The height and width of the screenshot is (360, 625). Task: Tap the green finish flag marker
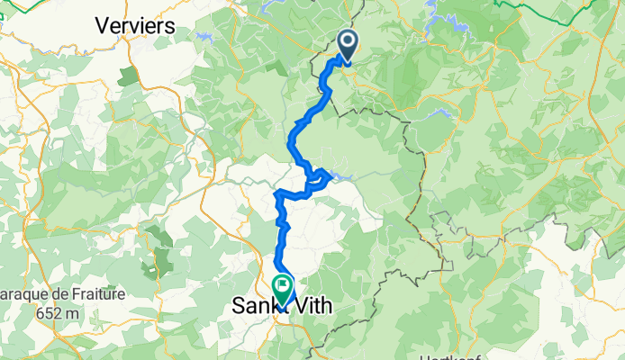(x=283, y=289)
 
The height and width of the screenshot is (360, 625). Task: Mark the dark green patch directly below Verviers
(x=128, y=74)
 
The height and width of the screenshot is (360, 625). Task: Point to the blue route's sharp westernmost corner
(x=275, y=193)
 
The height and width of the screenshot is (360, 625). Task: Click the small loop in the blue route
(x=317, y=178)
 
